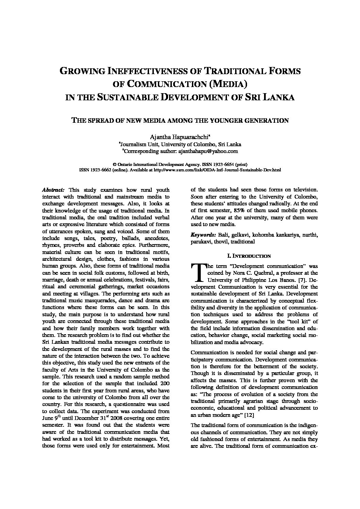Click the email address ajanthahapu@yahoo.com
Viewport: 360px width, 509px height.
208,151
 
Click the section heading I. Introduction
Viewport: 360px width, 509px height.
254,256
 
